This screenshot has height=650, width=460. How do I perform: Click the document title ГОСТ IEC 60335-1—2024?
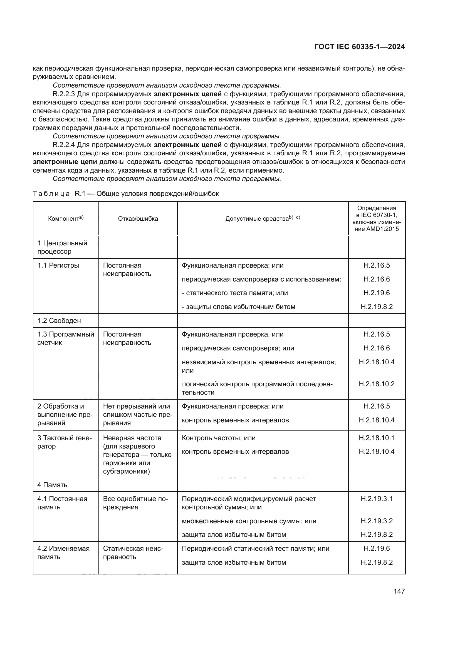(x=359, y=47)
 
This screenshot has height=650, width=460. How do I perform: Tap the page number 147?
(x=399, y=591)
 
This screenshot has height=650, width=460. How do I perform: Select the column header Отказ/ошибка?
(x=138, y=218)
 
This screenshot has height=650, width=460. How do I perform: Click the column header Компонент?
(x=66, y=218)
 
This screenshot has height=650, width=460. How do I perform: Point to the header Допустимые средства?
(x=262, y=218)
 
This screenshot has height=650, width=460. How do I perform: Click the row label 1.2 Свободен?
(x=59, y=320)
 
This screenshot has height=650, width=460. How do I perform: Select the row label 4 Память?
(x=52, y=485)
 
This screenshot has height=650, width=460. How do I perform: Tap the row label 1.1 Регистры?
(x=58, y=265)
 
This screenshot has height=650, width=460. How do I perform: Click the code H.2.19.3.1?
(x=377, y=499)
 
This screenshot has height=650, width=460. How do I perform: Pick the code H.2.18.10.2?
(x=377, y=384)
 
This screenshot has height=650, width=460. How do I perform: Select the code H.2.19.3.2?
(x=377, y=521)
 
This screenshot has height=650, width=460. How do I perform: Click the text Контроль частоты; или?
(x=218, y=438)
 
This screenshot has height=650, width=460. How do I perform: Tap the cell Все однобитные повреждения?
(x=135, y=503)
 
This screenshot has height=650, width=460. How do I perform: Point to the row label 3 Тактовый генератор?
(x=65, y=442)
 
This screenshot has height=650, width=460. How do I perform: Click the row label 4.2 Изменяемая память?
(x=63, y=553)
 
